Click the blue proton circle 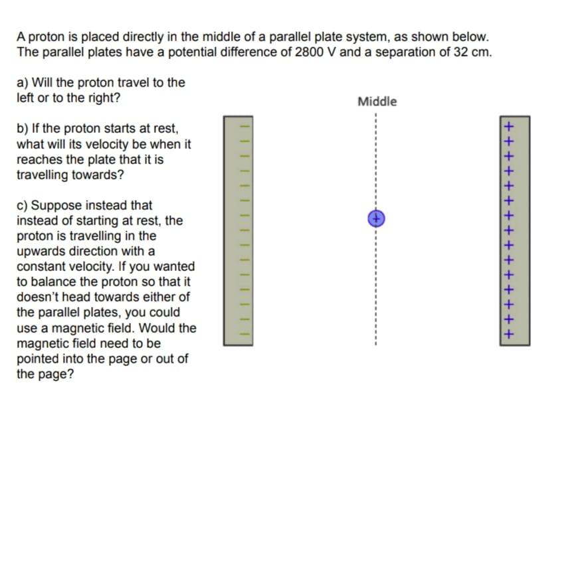pos(375,218)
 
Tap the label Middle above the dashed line pos(377,102)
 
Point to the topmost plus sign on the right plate pos(509,125)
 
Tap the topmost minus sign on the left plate pos(244,124)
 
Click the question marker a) pos(23,83)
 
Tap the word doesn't pos(39,297)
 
